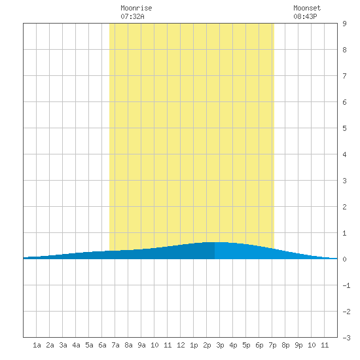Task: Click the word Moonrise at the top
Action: tap(136, 8)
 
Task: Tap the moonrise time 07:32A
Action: tap(132, 16)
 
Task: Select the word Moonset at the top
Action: tap(307, 8)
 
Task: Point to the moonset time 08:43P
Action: tap(305, 16)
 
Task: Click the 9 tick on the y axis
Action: tap(344, 24)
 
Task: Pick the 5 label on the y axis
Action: tap(344, 128)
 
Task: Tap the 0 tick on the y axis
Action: tap(344, 259)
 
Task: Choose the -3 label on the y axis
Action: tap(346, 338)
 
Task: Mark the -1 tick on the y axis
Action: tap(346, 285)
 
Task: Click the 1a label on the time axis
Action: tap(37, 345)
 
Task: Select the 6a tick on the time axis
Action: tap(102, 345)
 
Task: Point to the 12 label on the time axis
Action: tap(181, 345)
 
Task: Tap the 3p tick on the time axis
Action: tap(220, 345)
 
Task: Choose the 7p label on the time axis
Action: tap(272, 345)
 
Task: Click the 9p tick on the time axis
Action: tap(298, 345)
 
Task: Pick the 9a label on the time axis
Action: tap(141, 345)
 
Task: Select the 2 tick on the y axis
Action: tap(344, 207)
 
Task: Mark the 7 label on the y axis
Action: tap(344, 76)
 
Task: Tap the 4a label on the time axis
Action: tap(76, 345)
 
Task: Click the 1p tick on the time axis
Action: tap(194, 345)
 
